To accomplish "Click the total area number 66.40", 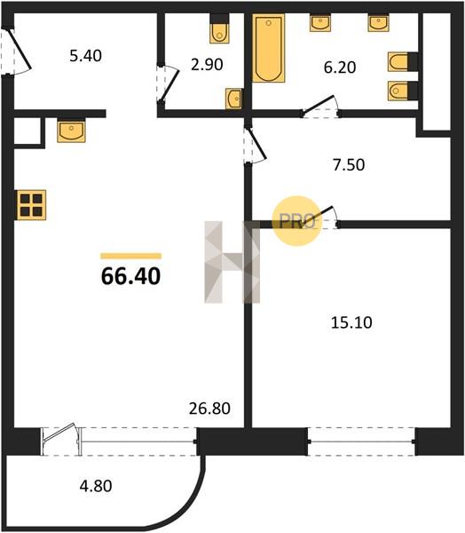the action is (130, 276).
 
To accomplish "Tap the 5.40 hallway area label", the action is (85, 56).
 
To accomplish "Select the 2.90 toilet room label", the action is (207, 65).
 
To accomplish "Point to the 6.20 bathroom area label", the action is (340, 68).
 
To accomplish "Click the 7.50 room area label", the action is (349, 164).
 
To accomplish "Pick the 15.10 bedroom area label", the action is (351, 322).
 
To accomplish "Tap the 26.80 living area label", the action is (209, 409).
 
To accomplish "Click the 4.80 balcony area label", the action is (96, 486).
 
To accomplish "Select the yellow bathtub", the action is (268, 48).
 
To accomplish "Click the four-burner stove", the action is (32, 205).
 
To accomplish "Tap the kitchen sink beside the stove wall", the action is (71, 131).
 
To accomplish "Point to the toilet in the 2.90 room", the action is (219, 28).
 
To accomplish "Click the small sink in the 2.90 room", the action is (233, 99).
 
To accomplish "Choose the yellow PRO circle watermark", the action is (297, 221).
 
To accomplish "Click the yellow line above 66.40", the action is (130, 257).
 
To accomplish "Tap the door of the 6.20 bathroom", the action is (320, 107).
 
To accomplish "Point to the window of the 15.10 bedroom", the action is (362, 442).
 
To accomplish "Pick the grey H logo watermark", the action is (232, 262).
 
